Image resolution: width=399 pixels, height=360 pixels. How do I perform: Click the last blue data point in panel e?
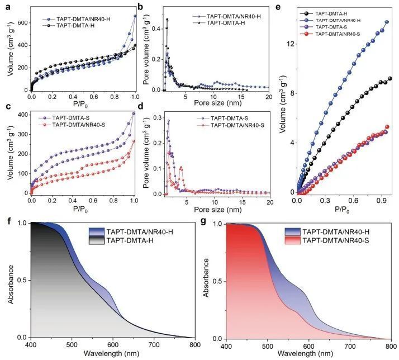(x=386, y=22)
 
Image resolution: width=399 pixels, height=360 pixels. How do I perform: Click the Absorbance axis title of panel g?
(x=207, y=277)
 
